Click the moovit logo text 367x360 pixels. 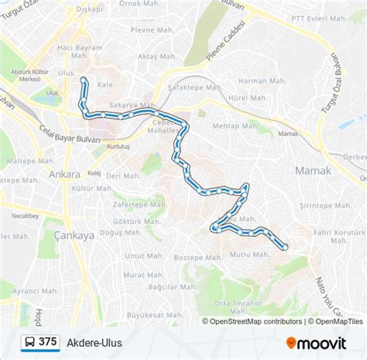tap(323, 342)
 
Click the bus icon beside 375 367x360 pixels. tap(28, 341)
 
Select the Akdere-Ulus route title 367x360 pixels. tap(95, 341)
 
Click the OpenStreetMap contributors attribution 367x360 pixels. tap(252, 321)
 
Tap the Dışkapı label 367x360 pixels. tap(90, 10)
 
